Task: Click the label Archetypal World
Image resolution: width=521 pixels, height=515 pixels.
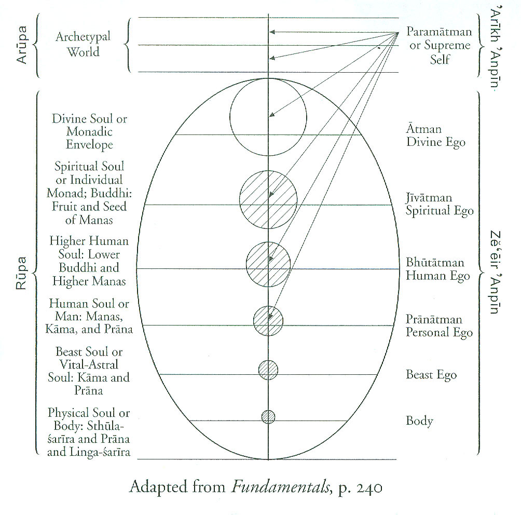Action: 84,45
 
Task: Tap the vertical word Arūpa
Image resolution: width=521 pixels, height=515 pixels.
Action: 22,45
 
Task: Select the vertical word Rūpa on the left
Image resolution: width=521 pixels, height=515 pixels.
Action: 22,272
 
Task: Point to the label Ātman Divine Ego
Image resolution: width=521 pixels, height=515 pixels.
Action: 435,135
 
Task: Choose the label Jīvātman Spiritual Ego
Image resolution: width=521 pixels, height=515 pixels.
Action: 440,205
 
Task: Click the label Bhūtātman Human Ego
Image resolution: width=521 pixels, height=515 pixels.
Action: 437,269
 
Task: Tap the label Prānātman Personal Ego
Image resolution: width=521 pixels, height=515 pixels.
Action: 439,326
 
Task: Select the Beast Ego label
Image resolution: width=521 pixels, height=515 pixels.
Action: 431,374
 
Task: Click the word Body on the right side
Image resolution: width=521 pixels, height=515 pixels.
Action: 419,421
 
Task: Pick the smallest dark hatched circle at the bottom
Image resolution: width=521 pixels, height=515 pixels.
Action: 268,416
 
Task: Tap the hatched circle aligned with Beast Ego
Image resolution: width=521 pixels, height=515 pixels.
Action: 268,370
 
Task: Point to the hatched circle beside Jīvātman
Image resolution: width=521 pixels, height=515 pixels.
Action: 268,199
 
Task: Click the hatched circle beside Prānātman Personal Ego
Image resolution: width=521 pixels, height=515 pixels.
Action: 268,321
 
